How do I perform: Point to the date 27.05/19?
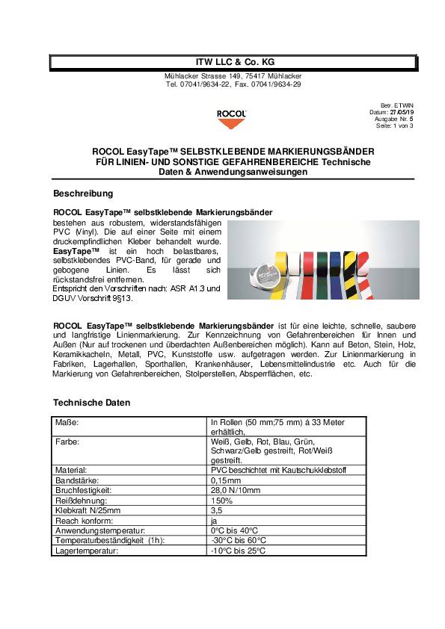[401, 112]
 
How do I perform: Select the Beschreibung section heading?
[83, 193]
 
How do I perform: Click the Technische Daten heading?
[92, 403]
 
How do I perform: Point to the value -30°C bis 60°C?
[239, 539]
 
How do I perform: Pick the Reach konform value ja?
[215, 520]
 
